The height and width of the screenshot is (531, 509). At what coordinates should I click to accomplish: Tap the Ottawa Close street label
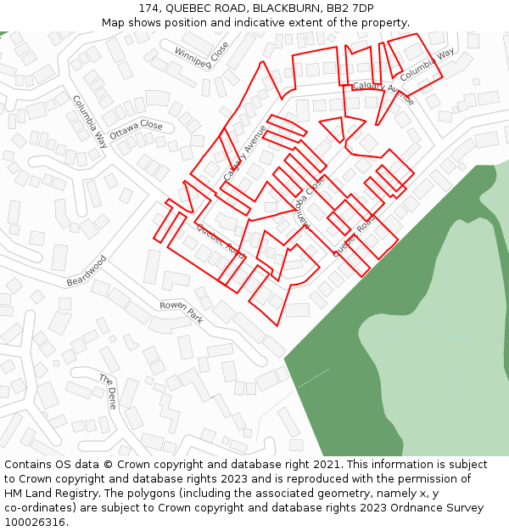point(136,130)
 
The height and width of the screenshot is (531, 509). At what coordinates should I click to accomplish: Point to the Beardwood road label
point(87,270)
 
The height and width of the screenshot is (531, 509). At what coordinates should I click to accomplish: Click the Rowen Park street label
point(182,312)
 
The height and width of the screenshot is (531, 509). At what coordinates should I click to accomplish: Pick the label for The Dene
point(107,391)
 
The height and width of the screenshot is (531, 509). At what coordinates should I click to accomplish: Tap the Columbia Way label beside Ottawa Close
point(90,121)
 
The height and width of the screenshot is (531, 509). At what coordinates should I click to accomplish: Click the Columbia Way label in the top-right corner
point(428,64)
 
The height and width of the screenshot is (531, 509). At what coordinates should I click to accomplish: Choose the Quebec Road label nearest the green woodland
point(354,235)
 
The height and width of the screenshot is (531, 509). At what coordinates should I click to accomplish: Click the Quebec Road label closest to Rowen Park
point(221,242)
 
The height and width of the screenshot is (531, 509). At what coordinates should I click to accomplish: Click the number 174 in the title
point(154,8)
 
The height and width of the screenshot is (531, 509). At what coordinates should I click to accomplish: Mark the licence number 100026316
point(36,523)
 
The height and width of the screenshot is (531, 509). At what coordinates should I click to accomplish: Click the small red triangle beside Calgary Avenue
point(333,128)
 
